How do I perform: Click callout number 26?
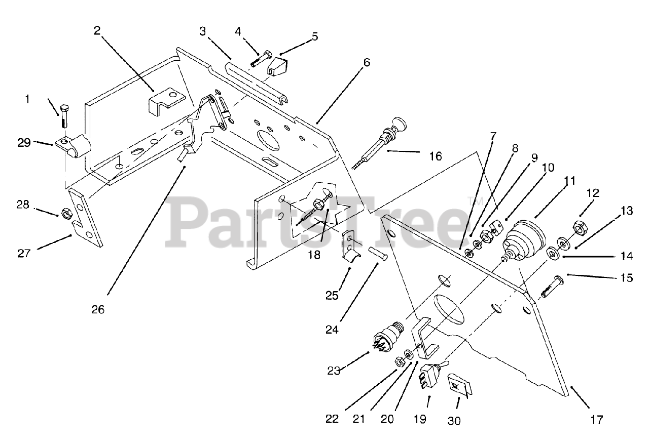tap(98, 309)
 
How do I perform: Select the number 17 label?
tap(596, 419)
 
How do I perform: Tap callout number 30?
tap(454, 420)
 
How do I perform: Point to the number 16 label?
tap(435, 156)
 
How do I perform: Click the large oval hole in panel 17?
tap(449, 308)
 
